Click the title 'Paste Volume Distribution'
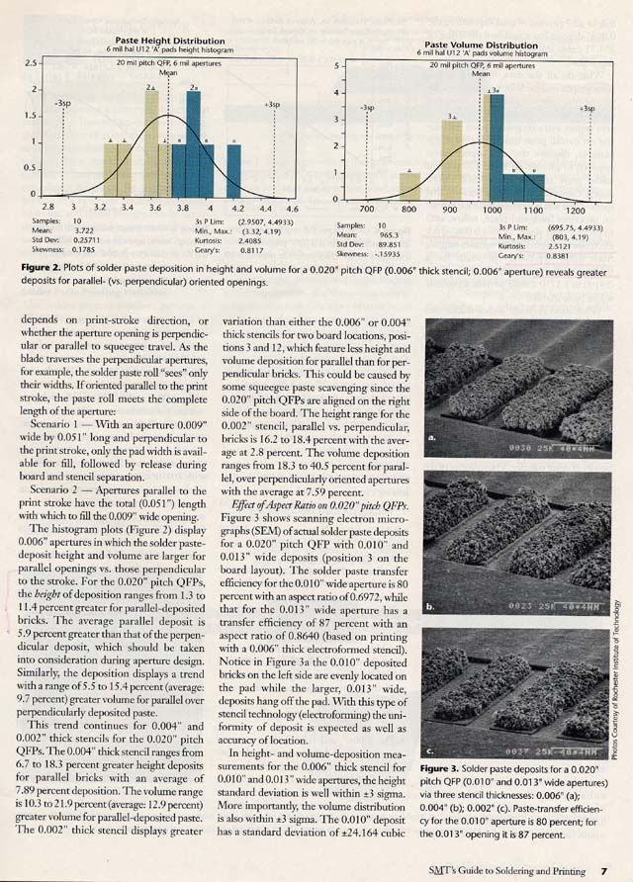[481, 45]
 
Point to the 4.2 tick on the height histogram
[237, 209]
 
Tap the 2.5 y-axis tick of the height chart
[29, 63]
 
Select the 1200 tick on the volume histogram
[573, 211]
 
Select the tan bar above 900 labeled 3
[451, 159]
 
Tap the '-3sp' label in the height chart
[62, 102]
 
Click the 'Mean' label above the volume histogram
[482, 74]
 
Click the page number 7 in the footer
[602, 869]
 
